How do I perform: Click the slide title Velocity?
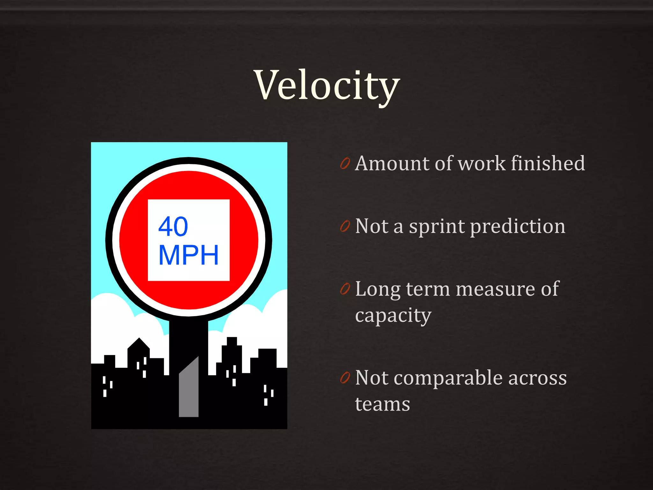(326, 85)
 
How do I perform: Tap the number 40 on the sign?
(173, 226)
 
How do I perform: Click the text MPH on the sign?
(188, 255)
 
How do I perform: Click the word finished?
(548, 163)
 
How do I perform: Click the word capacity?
(393, 316)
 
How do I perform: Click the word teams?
(382, 404)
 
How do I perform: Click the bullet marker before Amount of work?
(345, 163)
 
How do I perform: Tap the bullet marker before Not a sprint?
(345, 226)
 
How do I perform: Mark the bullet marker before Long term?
(345, 289)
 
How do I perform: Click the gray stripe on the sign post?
(189, 392)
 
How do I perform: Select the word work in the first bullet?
(481, 163)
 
